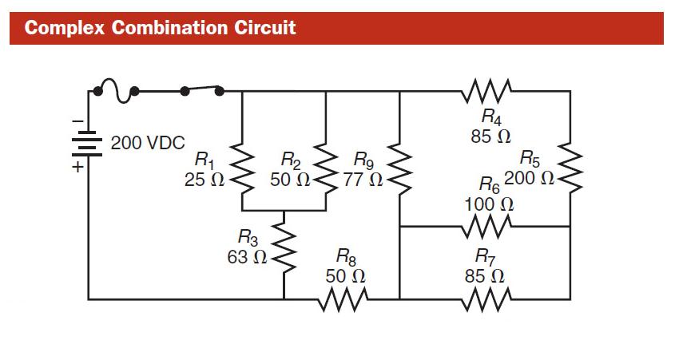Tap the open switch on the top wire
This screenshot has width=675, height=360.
coord(203,90)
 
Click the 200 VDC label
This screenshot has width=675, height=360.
coord(148,144)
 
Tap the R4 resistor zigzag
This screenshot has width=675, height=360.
coord(487,90)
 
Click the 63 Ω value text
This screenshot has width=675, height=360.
coord(247,257)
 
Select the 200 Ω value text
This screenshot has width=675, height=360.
coord(529,178)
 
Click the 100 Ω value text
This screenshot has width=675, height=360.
coord(489,204)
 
